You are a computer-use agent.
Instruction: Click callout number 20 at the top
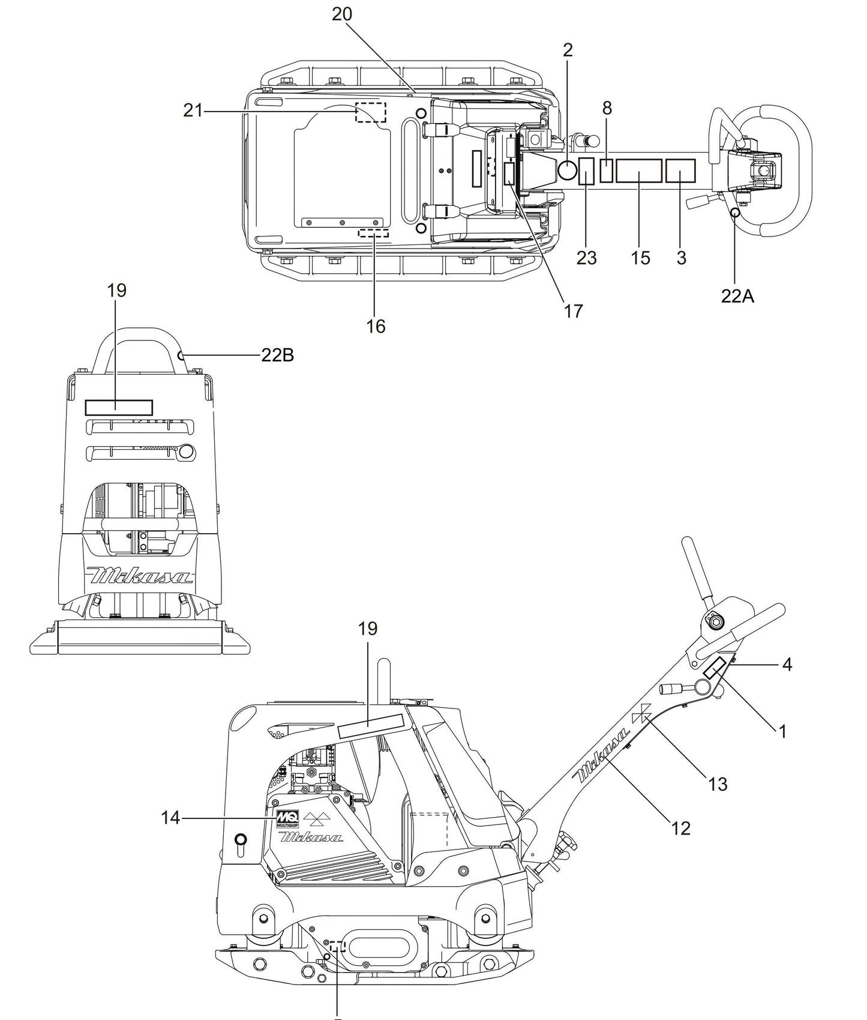coord(342,14)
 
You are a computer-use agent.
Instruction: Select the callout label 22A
coord(737,296)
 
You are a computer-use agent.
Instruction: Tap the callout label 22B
coord(277,355)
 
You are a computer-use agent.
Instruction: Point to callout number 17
coord(574,311)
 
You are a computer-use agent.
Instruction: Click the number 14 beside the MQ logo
coord(170,818)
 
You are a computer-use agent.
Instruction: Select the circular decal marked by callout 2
coord(566,171)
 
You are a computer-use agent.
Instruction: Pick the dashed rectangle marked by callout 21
coord(371,112)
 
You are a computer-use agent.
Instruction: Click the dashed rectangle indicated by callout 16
coord(373,232)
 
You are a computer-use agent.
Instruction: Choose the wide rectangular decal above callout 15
coord(638,171)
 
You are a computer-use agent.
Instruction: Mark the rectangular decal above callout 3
coord(680,171)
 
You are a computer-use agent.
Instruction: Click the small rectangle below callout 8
coord(607,171)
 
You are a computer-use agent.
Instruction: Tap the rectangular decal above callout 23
coord(586,171)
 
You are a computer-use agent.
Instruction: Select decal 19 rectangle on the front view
coord(119,408)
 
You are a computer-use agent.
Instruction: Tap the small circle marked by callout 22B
coord(181,355)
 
